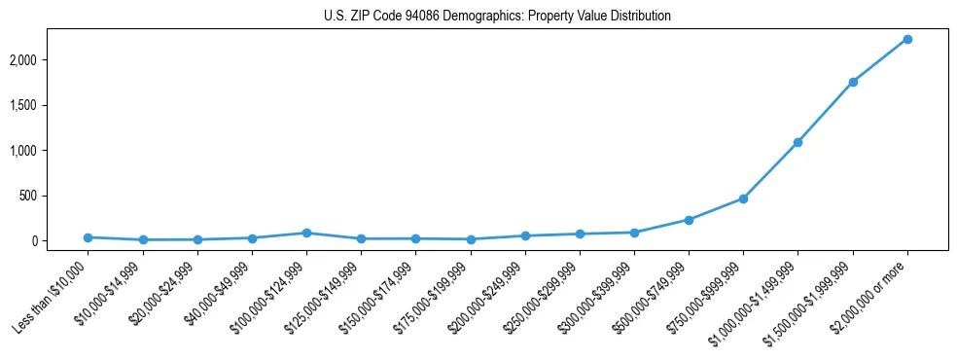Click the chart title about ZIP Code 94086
[x=497, y=17]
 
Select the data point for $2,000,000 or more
[x=906, y=39]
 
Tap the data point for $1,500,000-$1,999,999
[x=852, y=82]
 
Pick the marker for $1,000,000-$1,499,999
[x=797, y=142]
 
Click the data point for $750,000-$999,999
[x=743, y=198]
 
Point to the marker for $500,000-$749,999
[x=689, y=220]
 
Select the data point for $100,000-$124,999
[x=306, y=233]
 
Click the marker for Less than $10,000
[x=89, y=237]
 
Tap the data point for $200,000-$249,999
[x=525, y=235]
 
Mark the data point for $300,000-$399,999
[x=634, y=233]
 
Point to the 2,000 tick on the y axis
[x=50, y=60]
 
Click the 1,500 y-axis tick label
[x=50, y=105]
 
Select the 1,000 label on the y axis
[x=50, y=151]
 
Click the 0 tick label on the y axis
[x=62, y=241]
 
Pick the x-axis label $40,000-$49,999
[x=220, y=292]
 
